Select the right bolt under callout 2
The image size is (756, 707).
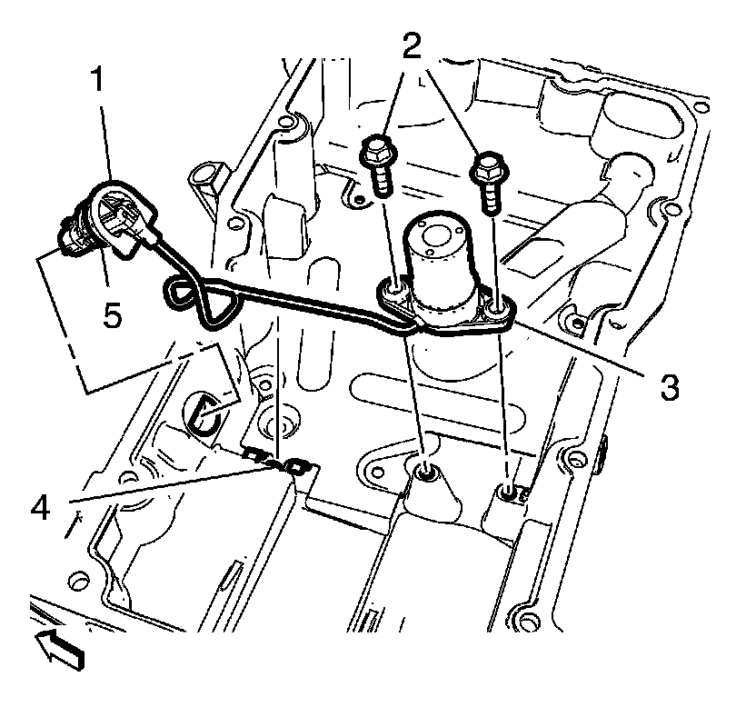489,180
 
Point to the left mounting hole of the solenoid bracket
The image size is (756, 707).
395,291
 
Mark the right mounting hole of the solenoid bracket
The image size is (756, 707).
495,312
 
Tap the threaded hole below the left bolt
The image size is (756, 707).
424,472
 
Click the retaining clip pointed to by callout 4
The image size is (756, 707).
282,461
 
